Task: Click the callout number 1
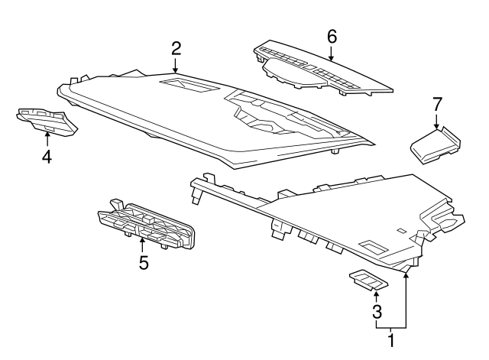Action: [391, 340]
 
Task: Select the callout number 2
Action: [176, 49]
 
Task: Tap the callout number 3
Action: [377, 311]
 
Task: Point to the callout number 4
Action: [47, 156]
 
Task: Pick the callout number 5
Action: [144, 263]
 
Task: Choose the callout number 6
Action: [332, 37]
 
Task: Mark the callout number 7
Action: [437, 104]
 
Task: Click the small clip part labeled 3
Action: [368, 280]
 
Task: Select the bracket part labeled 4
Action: [47, 122]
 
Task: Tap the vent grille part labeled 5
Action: [146, 225]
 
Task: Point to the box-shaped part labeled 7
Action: [436, 144]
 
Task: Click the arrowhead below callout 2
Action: [176, 70]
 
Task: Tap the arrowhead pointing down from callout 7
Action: [436, 125]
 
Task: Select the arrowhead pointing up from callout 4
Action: [47, 135]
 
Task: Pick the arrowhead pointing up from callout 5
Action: [142, 241]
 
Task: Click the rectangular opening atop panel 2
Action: [189, 86]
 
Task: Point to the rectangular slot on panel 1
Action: [374, 247]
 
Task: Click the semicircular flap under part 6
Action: [294, 73]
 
